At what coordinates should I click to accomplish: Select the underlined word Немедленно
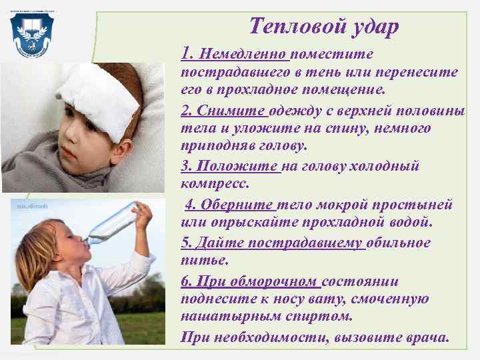coord(243,54)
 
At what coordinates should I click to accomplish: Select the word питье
coord(199,259)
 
